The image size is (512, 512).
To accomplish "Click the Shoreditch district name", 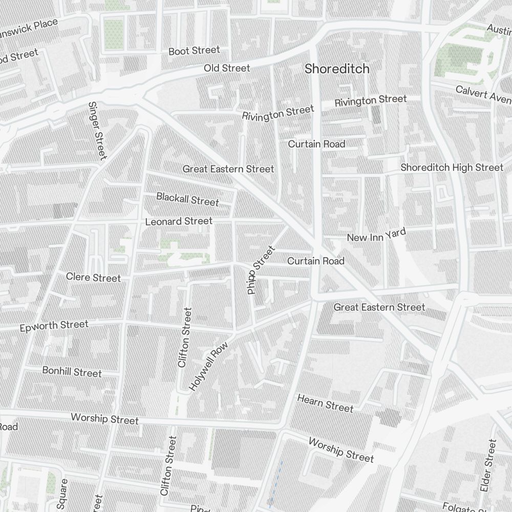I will point(337,69).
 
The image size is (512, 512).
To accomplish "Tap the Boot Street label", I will point(194,51).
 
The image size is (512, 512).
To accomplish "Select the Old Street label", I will point(227,68).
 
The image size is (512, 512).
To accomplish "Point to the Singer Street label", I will point(97,130).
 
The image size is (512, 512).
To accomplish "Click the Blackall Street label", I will point(187,199).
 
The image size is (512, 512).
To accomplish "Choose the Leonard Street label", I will point(179,221).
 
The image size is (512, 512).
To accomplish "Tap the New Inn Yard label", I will point(376,236).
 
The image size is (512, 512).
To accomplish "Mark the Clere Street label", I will point(94,278).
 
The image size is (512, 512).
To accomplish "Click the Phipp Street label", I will point(261,270).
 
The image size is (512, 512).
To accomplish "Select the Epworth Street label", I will point(54,326).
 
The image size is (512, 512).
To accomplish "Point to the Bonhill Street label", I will point(72,372).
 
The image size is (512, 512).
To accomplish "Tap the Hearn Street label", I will point(325,403).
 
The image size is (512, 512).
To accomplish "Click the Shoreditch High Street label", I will point(452,167).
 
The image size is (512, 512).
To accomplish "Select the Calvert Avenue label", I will point(483,93).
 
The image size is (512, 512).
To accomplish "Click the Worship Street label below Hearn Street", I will point(342,450).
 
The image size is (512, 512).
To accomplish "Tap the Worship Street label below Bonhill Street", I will point(104,419).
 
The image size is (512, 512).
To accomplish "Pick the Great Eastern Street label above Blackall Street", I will point(228,169).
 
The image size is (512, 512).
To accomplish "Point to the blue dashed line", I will point(275,481).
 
